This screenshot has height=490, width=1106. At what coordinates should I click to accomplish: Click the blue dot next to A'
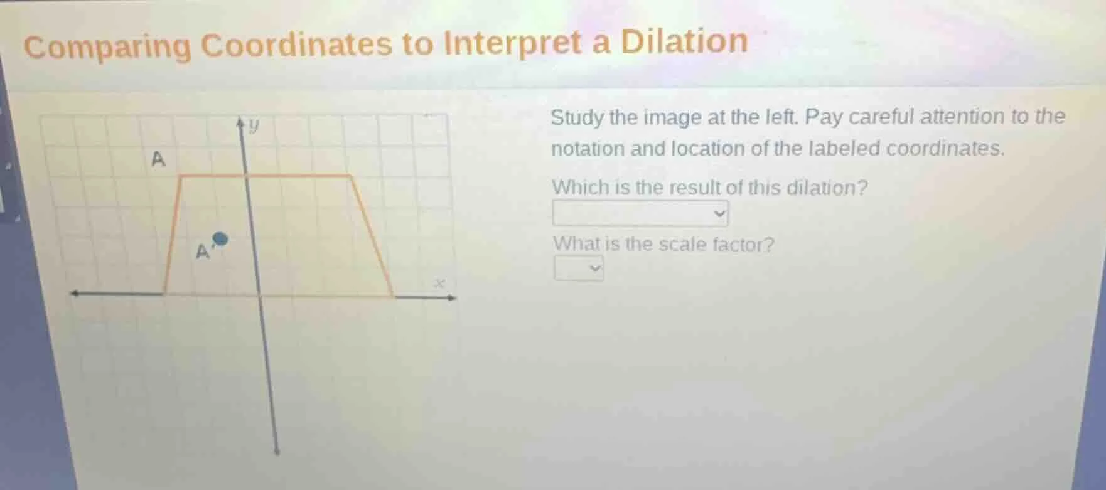(220, 238)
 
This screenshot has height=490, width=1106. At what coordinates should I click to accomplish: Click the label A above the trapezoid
(158, 159)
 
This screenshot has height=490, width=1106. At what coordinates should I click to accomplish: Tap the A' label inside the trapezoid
(202, 252)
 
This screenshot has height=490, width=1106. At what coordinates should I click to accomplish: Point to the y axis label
(254, 126)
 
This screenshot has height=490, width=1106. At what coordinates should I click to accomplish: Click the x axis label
(440, 284)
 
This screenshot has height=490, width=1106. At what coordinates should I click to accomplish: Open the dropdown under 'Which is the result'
(640, 214)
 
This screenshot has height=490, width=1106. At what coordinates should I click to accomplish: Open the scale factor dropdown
(578, 269)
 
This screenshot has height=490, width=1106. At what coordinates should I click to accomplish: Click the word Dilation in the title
(684, 41)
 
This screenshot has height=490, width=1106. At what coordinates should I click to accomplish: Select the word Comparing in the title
(108, 46)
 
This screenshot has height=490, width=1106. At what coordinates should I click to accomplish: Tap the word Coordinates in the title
(295, 45)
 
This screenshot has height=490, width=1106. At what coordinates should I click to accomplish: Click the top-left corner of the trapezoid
(181, 177)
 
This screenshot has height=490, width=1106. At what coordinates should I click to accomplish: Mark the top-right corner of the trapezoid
(351, 176)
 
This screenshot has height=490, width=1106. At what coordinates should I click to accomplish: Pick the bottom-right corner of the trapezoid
(394, 296)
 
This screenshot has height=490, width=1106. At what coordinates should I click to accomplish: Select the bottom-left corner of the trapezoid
(164, 294)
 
